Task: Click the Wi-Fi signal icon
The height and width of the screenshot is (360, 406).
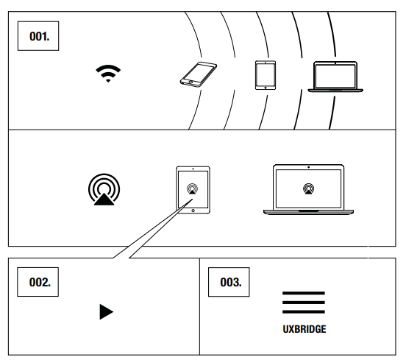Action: click(x=108, y=74)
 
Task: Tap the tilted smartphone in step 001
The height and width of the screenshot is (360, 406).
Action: click(x=199, y=74)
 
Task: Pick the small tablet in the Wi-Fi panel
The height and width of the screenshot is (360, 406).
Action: click(x=266, y=75)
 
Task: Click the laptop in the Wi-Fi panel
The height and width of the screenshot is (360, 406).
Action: click(x=335, y=77)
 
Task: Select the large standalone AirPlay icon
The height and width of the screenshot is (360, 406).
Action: click(x=104, y=189)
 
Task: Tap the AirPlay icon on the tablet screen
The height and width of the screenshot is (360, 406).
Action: click(x=193, y=188)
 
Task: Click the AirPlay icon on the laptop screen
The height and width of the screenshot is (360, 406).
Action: click(x=308, y=188)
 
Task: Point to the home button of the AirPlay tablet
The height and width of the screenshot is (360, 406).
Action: click(x=193, y=211)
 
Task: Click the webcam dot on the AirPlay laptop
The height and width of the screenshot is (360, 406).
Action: click(x=308, y=167)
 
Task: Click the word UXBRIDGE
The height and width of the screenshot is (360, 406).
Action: click(x=304, y=329)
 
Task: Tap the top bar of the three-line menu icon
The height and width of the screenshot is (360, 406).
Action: click(x=304, y=293)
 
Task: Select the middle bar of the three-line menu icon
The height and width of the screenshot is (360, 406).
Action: click(x=304, y=303)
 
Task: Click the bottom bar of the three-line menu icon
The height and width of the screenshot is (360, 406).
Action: click(x=304, y=312)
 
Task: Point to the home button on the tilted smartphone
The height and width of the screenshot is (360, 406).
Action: click(x=190, y=82)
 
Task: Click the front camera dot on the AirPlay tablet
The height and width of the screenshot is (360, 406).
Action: click(x=193, y=169)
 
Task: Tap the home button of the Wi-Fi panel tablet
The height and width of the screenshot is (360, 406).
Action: click(x=266, y=88)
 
